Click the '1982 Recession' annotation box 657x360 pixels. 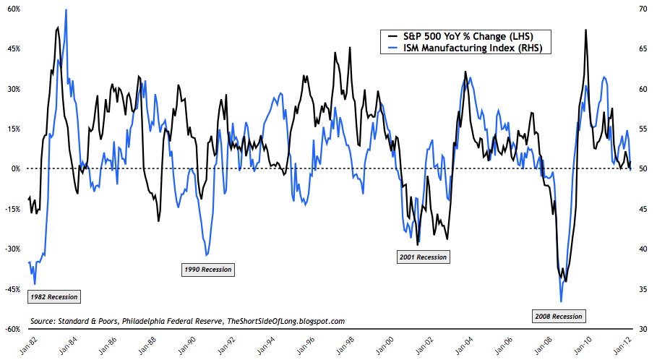tap(53, 296)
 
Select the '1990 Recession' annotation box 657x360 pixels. tap(208, 270)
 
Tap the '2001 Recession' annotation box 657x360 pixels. tap(423, 257)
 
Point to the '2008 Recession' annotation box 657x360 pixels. tap(557, 316)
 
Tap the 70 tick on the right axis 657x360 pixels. tap(640, 9)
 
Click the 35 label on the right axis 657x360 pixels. tap(640, 289)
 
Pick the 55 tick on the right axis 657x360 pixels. tap(640, 129)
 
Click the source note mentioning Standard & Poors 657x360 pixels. tap(187, 320)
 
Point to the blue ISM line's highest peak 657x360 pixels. tap(66, 10)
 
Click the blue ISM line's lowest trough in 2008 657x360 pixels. tap(561, 301)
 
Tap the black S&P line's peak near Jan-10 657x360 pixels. tap(585, 30)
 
